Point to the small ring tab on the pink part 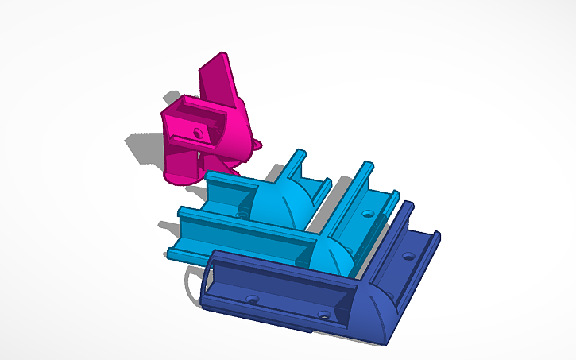click(256, 145)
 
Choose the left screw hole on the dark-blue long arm click(252, 299)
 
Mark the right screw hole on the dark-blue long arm click(323, 315)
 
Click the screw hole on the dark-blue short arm click(408, 256)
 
